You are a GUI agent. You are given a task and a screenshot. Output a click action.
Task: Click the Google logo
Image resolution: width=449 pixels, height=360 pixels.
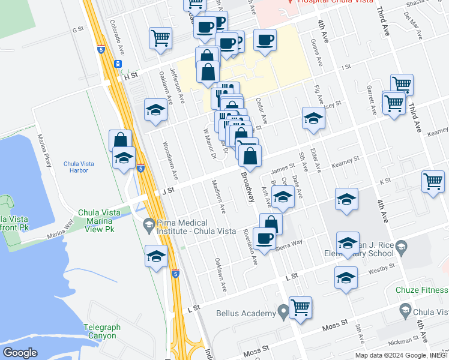pos(20,353)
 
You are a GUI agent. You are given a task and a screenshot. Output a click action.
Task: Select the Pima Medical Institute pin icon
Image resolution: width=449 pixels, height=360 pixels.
pos(149,226)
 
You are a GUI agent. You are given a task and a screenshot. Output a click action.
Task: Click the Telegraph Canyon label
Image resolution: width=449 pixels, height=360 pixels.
pos(101,331)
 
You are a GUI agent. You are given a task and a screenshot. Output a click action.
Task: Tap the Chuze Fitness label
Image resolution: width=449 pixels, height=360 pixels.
pos(422,290)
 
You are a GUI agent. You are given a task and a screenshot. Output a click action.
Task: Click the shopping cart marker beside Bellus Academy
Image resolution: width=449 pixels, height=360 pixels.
pos(300,307)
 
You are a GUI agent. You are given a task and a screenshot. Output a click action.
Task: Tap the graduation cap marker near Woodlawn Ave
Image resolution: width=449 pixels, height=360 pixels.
pos(155,110)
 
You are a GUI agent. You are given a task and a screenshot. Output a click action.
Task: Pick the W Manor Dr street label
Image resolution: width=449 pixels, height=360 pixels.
pos(208,143)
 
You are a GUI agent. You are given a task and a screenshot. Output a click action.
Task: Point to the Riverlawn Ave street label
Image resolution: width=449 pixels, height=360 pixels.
pos(250,247)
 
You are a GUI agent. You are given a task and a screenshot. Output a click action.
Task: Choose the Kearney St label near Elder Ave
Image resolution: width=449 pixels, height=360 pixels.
pos(345,161)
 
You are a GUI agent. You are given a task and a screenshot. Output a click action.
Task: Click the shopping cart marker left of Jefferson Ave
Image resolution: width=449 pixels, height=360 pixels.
pos(161,38)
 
